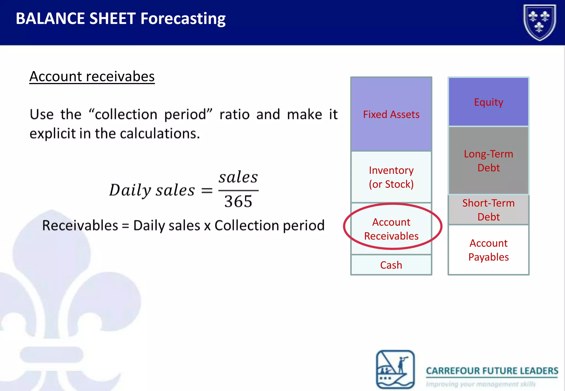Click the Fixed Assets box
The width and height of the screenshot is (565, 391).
pyautogui.click(x=391, y=114)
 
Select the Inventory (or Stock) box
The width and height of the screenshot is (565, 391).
pyautogui.click(x=391, y=177)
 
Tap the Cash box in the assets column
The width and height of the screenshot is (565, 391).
pyautogui.click(x=391, y=265)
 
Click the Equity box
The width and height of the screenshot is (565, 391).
pyautogui.click(x=488, y=102)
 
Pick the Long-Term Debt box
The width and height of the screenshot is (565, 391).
pyautogui.click(x=488, y=161)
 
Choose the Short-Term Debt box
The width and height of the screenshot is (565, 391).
pyautogui.click(x=488, y=210)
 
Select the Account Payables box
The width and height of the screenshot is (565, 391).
pyautogui.click(x=488, y=250)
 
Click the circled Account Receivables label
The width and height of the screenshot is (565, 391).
pyautogui.click(x=391, y=229)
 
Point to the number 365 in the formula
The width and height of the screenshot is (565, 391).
pyautogui.click(x=238, y=202)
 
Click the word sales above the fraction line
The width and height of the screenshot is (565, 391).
pyautogui.click(x=238, y=177)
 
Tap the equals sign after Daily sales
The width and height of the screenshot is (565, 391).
pyautogui.click(x=207, y=191)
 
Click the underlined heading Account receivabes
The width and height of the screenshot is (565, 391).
pyautogui.click(x=92, y=76)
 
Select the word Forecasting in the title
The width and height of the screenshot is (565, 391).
pyautogui.click(x=183, y=18)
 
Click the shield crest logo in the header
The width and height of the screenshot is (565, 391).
pyautogui.click(x=540, y=22)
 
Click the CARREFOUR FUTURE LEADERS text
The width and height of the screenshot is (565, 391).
pyautogui.click(x=492, y=371)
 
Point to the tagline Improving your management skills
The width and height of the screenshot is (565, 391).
pyautogui.click(x=481, y=384)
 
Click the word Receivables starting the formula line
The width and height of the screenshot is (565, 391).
pyautogui.click(x=80, y=226)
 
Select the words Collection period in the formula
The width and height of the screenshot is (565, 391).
pyautogui.click(x=269, y=226)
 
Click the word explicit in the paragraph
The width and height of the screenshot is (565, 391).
pyautogui.click(x=52, y=134)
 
